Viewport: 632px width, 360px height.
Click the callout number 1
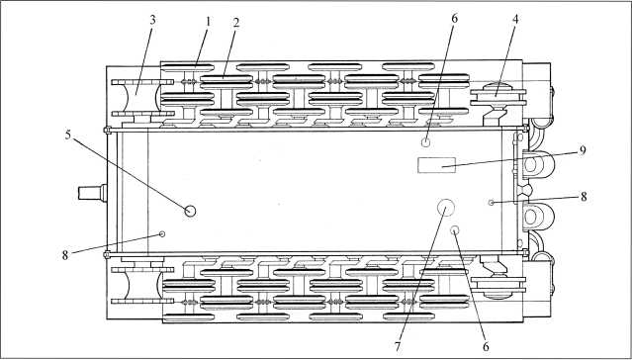click(208, 22)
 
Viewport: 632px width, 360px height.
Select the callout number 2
click(236, 24)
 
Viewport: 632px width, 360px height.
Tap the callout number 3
click(152, 21)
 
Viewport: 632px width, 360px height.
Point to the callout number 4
click(515, 20)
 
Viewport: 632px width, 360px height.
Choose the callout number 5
click(67, 135)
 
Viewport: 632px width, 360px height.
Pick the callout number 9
click(583, 150)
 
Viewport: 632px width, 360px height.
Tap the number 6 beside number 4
click(455, 20)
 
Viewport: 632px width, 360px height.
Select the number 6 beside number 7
click(486, 346)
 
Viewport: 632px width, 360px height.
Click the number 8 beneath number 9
click(584, 197)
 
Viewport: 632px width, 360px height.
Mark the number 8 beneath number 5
click(65, 255)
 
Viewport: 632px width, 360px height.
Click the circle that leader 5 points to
click(190, 211)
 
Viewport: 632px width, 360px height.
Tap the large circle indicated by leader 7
click(446, 208)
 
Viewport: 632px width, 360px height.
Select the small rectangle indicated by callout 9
click(436, 165)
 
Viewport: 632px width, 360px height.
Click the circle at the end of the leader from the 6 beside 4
click(426, 141)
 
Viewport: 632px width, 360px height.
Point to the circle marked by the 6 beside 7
click(455, 230)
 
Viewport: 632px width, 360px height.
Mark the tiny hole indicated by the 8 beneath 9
click(491, 203)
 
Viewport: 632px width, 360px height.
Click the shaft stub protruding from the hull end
click(92, 193)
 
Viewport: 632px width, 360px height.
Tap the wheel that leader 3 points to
click(142, 98)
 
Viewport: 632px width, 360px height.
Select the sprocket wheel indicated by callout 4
click(498, 98)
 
